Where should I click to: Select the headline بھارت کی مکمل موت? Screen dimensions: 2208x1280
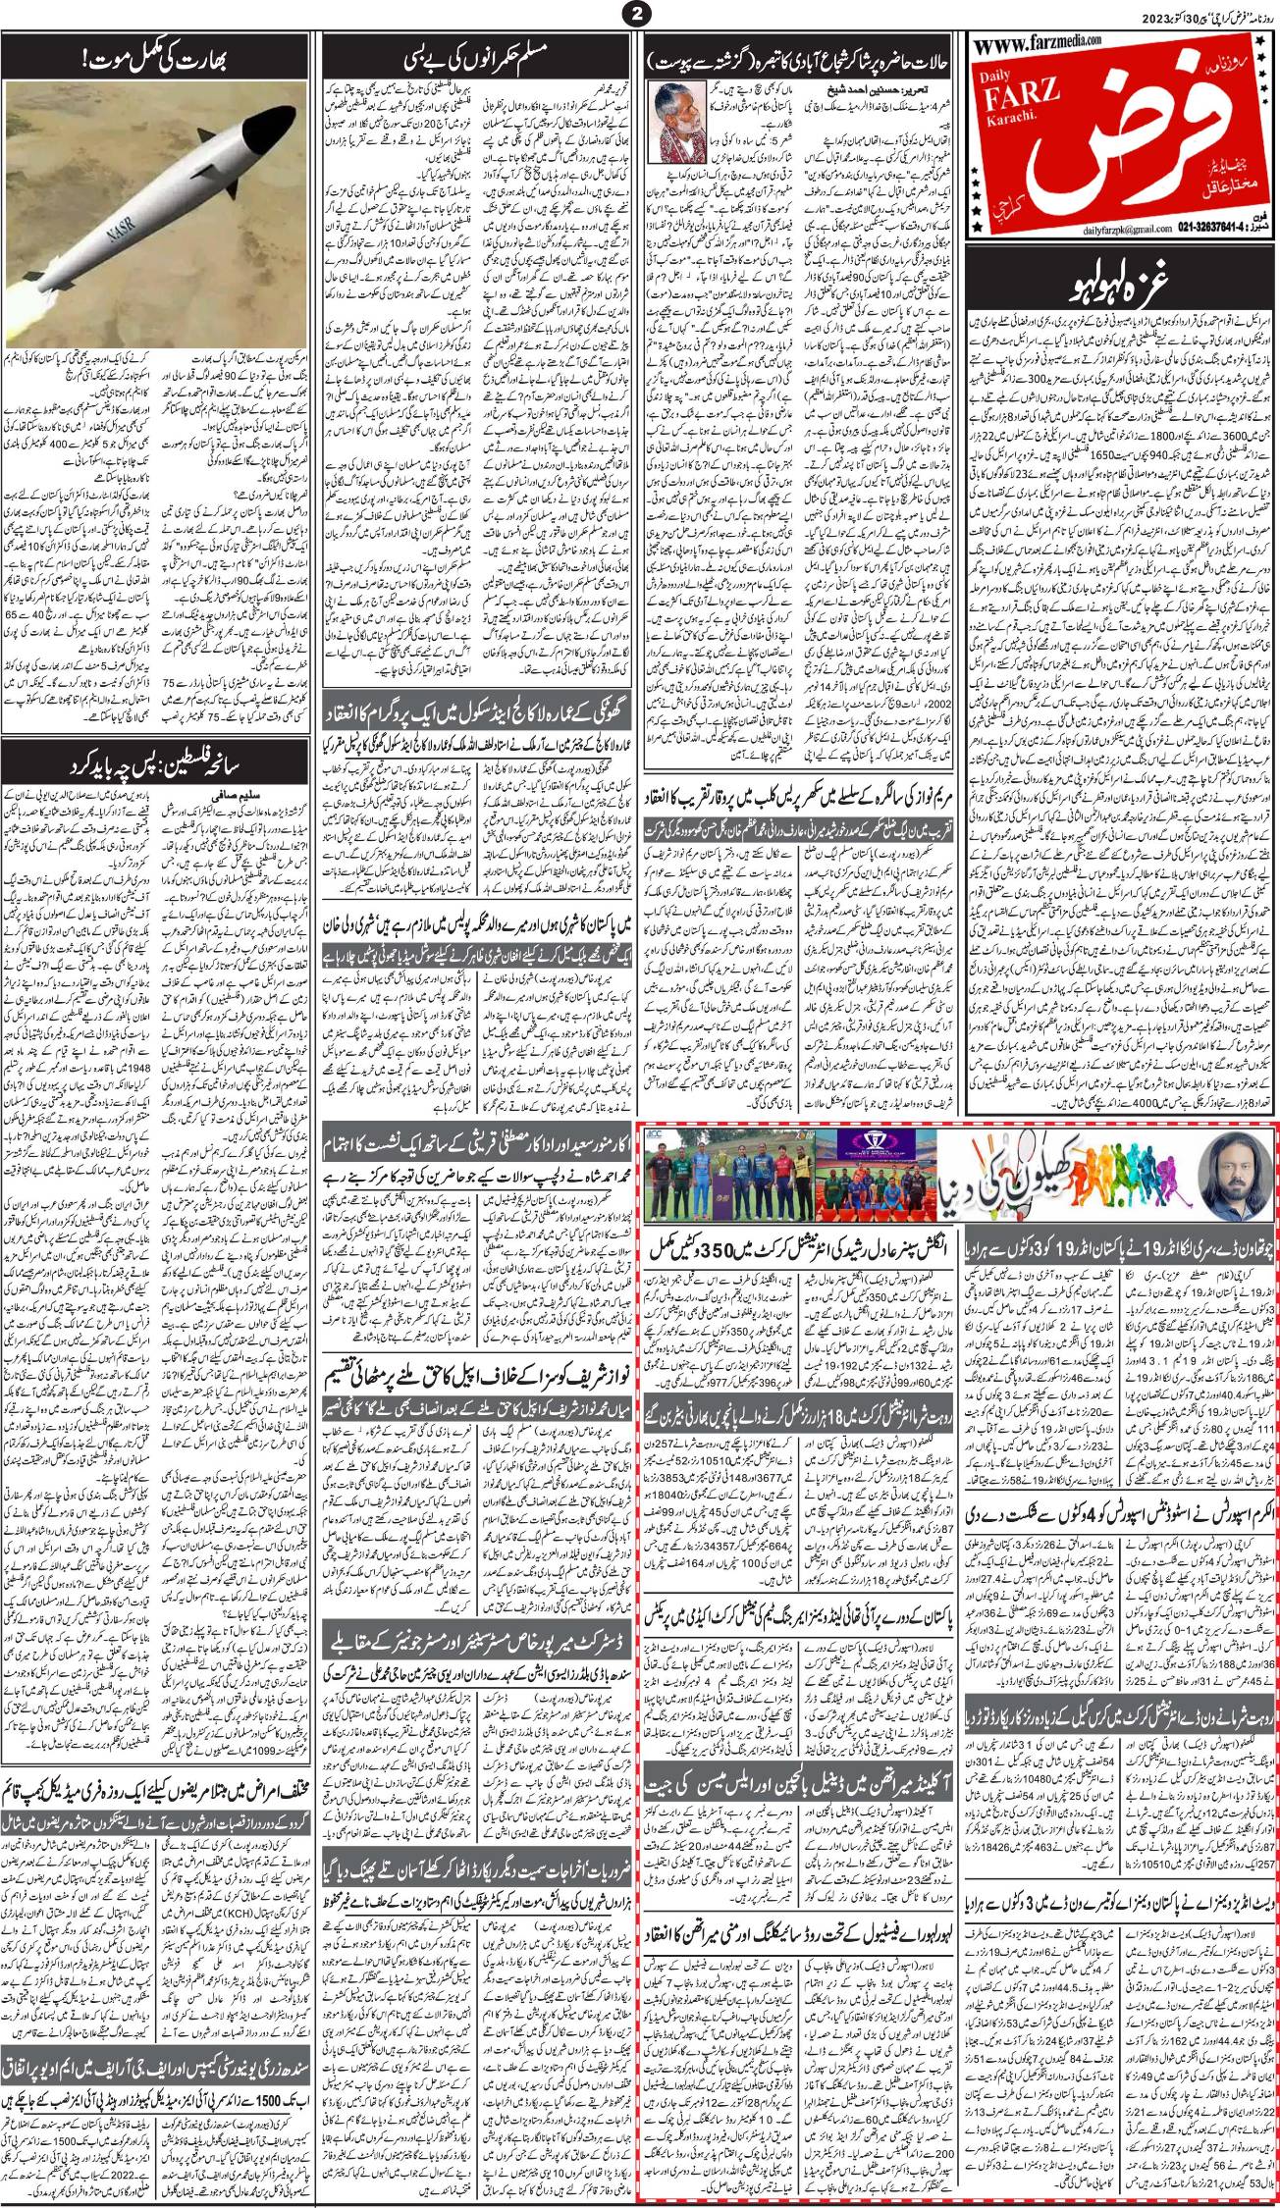tap(159, 66)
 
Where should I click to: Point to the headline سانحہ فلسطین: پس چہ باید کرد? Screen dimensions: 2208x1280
tap(159, 762)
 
